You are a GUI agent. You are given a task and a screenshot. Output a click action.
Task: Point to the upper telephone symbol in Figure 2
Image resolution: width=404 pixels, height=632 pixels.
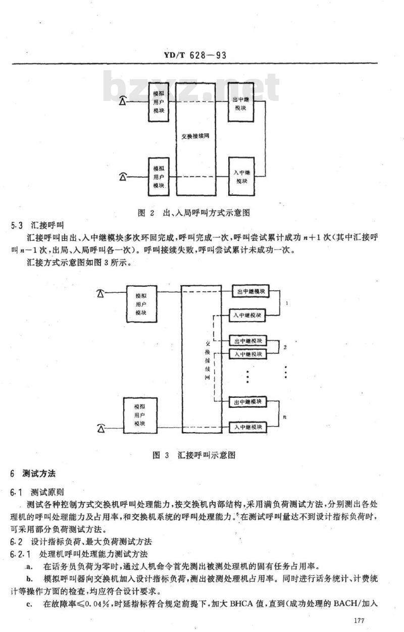tap(123, 101)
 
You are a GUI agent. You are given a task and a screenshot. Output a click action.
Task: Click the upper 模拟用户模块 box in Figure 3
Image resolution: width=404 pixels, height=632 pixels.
tap(141, 304)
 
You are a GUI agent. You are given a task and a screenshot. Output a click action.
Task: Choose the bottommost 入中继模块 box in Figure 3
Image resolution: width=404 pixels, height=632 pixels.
tap(247, 427)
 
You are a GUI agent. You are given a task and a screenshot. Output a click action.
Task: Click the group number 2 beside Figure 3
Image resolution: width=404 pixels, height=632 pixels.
tap(285, 347)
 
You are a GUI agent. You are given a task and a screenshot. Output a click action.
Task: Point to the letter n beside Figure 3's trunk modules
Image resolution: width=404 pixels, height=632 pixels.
tap(285, 416)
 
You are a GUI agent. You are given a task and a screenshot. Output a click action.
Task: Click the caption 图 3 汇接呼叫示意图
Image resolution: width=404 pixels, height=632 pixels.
tap(194, 455)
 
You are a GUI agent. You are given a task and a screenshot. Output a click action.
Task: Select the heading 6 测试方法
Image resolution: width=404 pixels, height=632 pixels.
tap(33, 473)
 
